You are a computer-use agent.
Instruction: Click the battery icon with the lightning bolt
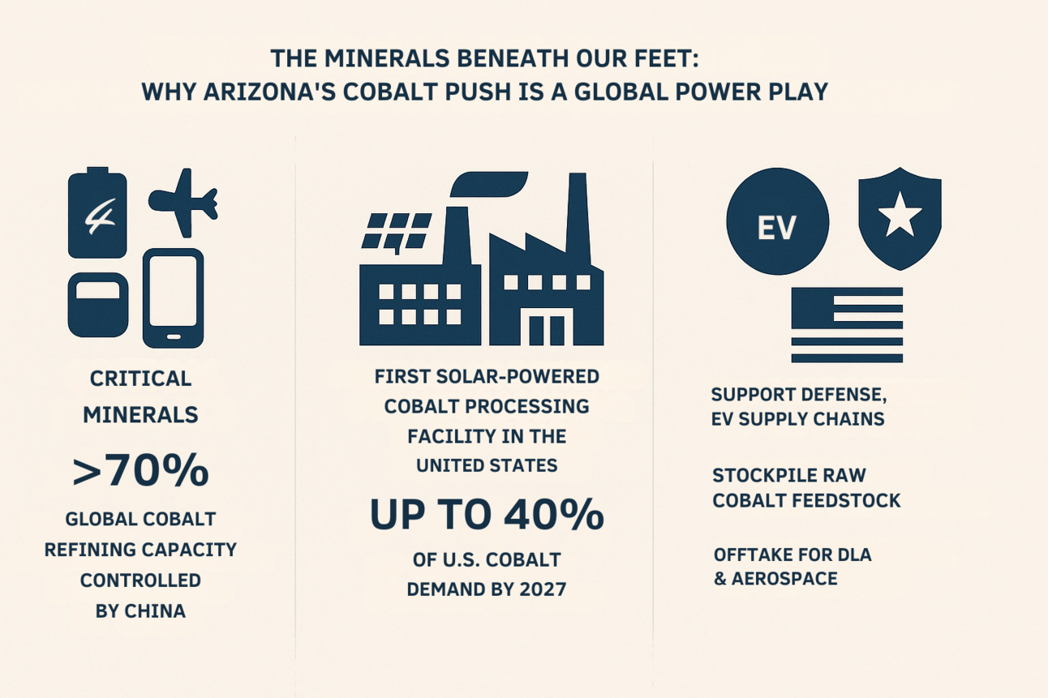pyautogui.click(x=97, y=212)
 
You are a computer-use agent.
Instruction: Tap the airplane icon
pyautogui.click(x=184, y=203)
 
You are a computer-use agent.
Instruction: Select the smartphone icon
pyautogui.click(x=173, y=298)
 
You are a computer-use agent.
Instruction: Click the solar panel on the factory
pyautogui.click(x=397, y=231)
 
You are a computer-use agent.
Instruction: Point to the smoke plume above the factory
pyautogui.click(x=489, y=184)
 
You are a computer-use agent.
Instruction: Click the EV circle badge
pyautogui.click(x=778, y=221)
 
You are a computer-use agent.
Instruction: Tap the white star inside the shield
pyautogui.click(x=900, y=215)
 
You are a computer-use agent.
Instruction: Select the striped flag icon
pyautogui.click(x=847, y=325)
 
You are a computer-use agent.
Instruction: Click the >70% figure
pyautogui.click(x=141, y=470)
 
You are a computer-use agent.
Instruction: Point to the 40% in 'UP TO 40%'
pyautogui.click(x=553, y=514)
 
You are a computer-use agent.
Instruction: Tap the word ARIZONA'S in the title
pyautogui.click(x=269, y=91)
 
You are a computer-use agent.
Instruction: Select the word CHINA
pyautogui.click(x=154, y=611)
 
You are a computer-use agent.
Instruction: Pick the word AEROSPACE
pyautogui.click(x=784, y=579)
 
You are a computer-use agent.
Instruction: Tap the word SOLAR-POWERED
pyautogui.click(x=518, y=376)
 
